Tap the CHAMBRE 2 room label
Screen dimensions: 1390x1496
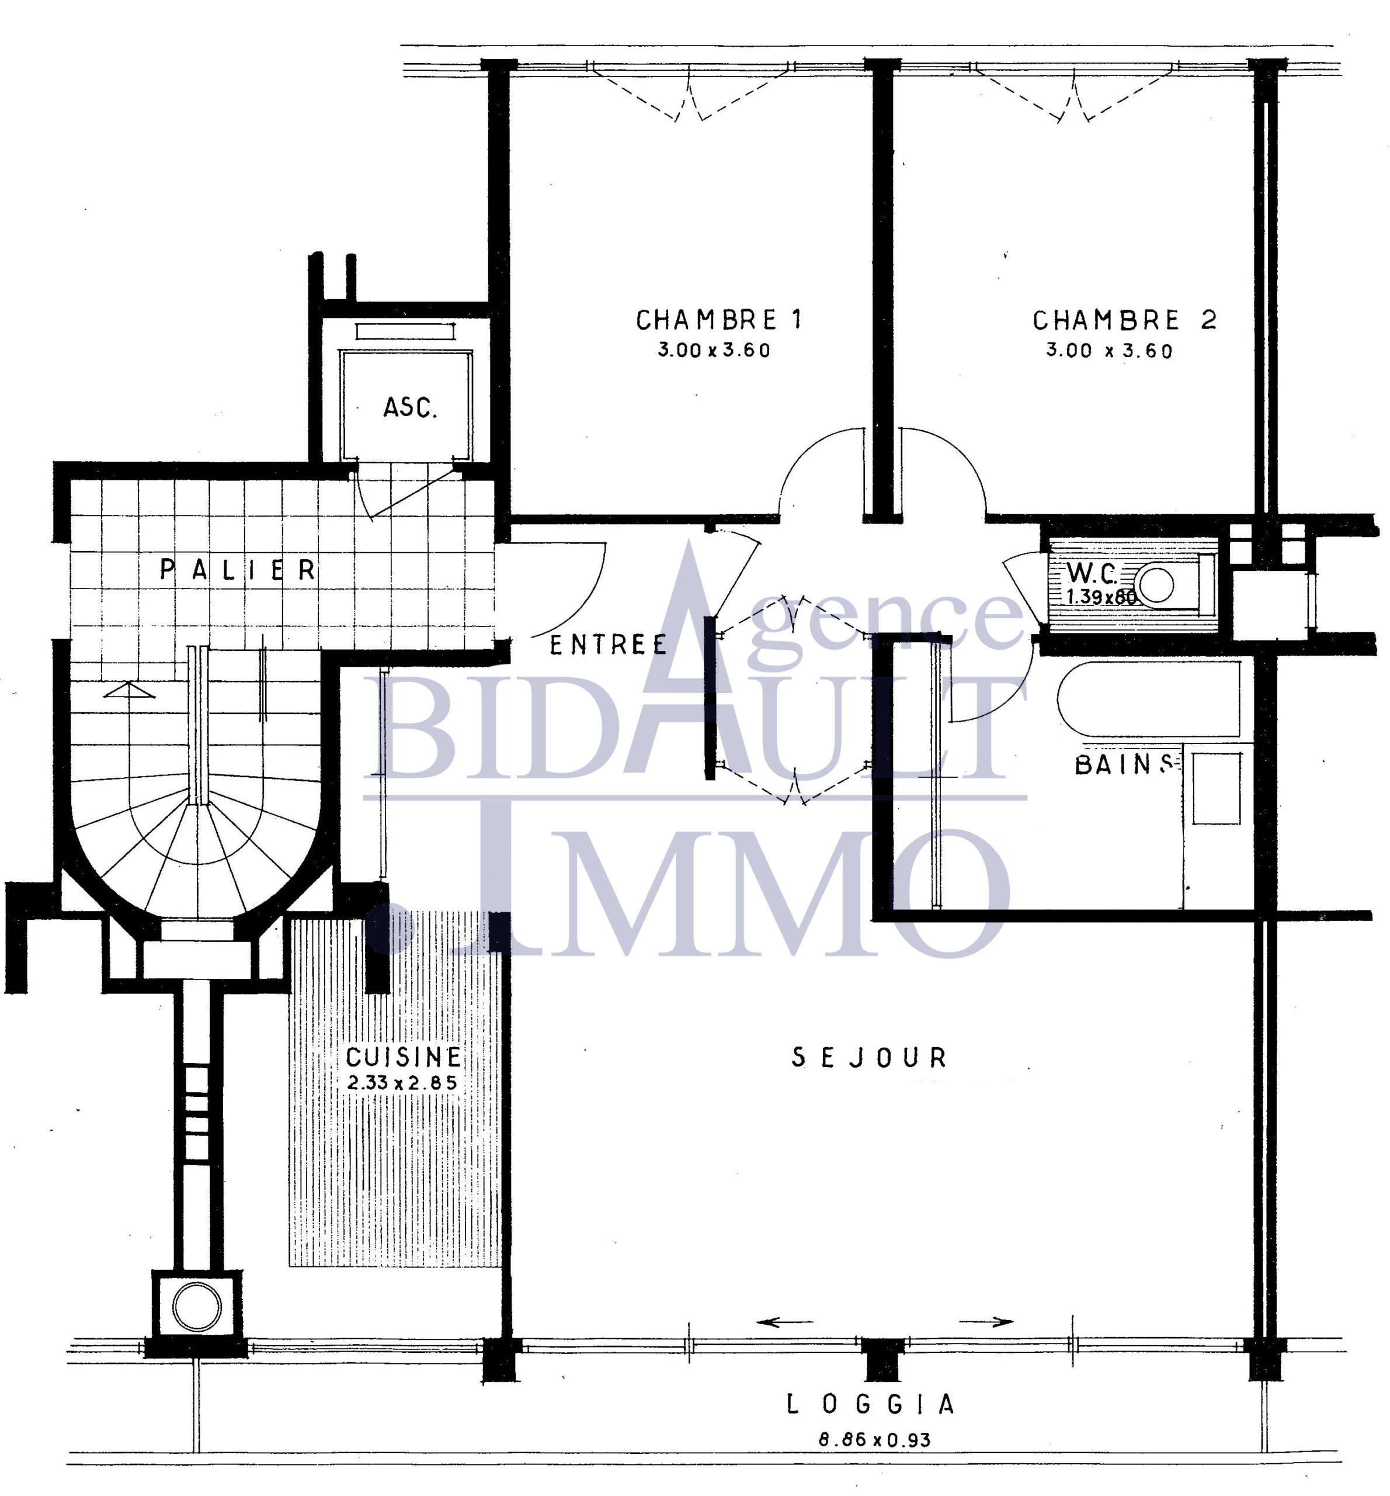pyautogui.click(x=1124, y=321)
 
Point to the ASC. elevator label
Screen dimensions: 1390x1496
pyautogui.click(x=410, y=408)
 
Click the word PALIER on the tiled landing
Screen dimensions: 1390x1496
pyautogui.click(x=238, y=570)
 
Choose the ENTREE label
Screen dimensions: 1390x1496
pyautogui.click(x=609, y=645)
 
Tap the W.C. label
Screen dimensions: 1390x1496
pyautogui.click(x=1092, y=573)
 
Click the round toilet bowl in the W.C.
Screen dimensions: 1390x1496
pyautogui.click(x=1156, y=585)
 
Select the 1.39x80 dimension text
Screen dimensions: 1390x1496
pyautogui.click(x=1100, y=597)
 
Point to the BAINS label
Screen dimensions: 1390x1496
pyautogui.click(x=1124, y=764)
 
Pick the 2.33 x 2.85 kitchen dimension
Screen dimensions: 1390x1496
pyautogui.click(x=402, y=1083)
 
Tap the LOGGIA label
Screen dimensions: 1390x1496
pyautogui.click(x=870, y=1404)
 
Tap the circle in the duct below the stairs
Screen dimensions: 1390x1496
pyautogui.click(x=197, y=1307)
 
